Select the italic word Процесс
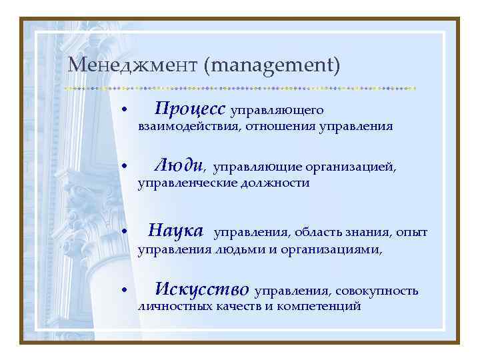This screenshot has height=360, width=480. tap(191, 108)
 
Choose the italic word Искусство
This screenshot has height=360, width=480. tap(201, 289)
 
